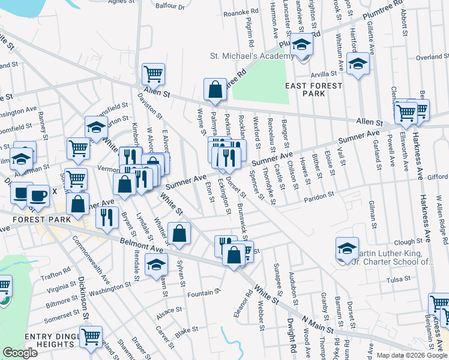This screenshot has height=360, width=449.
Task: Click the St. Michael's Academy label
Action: (x=252, y=56)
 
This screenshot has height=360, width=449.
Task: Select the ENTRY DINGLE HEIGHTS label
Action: (x=51, y=343)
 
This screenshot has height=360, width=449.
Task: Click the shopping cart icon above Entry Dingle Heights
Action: (x=91, y=337)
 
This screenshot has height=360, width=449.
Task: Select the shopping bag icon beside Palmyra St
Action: (x=215, y=90)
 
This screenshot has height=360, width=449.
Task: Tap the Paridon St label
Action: (x=319, y=197)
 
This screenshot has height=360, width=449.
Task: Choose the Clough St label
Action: (x=410, y=242)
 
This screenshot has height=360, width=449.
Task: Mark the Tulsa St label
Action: (x=397, y=280)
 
